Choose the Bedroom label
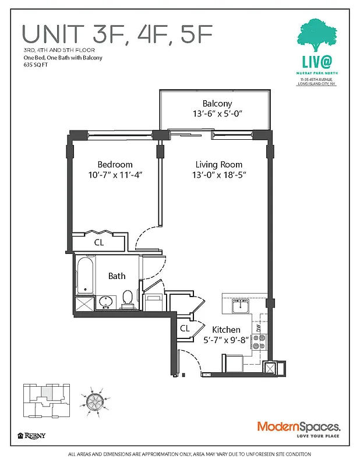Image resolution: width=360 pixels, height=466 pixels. click(x=115, y=165)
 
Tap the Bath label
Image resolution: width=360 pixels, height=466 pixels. click(x=117, y=276)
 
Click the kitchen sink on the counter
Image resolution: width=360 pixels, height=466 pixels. click(x=240, y=305)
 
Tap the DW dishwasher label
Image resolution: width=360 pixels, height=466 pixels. click(x=259, y=327)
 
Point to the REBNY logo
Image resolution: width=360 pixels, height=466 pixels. click(x=32, y=435)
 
